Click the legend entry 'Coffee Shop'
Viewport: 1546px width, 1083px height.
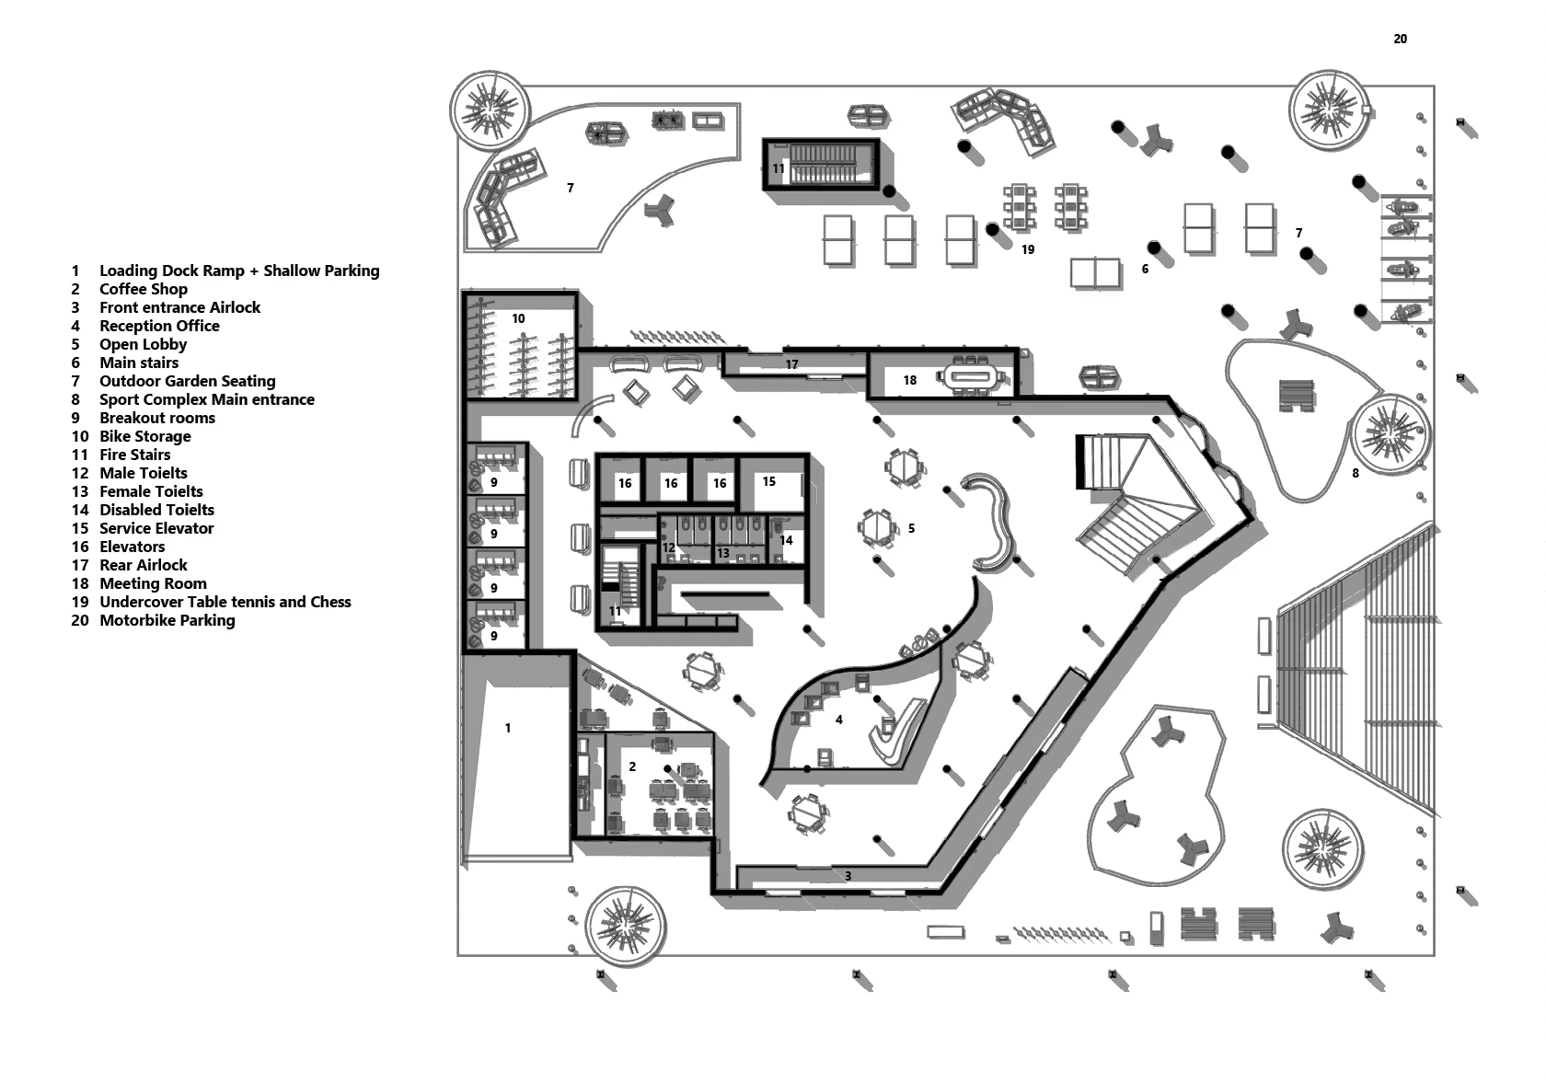pos(143,289)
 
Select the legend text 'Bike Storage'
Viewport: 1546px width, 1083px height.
pos(144,436)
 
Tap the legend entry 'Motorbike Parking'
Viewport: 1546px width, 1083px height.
pos(167,620)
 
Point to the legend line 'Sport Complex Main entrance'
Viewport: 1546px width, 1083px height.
pos(206,399)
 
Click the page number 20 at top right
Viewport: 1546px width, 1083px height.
pos(1400,39)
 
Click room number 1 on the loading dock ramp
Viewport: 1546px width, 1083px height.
pos(508,728)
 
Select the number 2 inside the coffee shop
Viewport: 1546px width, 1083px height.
pos(632,766)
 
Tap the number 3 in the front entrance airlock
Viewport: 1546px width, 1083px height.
pos(848,876)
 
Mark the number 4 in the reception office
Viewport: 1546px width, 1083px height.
pos(839,720)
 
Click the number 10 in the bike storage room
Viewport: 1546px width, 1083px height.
pos(518,318)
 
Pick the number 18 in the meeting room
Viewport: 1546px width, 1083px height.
pos(910,380)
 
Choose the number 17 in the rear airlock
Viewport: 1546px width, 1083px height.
pos(791,364)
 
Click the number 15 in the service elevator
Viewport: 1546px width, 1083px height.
pos(769,481)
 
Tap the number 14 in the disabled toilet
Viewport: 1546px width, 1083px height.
pos(786,540)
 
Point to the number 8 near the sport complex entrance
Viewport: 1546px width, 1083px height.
pos(1355,473)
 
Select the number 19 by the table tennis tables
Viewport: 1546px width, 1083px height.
pos(1028,249)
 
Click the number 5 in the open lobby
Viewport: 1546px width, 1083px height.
pos(911,528)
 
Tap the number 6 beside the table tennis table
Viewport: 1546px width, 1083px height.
pos(1145,269)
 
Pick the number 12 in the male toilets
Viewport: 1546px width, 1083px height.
pos(669,547)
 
